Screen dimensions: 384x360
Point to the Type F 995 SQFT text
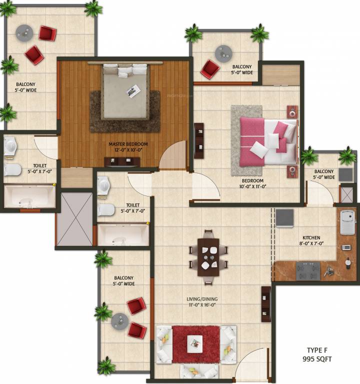[317, 354]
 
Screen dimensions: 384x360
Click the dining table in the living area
[208, 256]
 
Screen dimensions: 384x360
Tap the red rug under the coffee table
[195, 344]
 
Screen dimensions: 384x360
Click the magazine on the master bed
[133, 91]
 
